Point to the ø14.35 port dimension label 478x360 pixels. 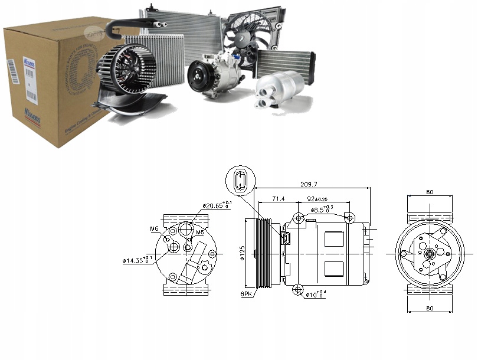[138, 260]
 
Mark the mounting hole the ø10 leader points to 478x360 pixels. [297, 289]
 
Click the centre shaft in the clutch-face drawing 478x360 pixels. [430, 253]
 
